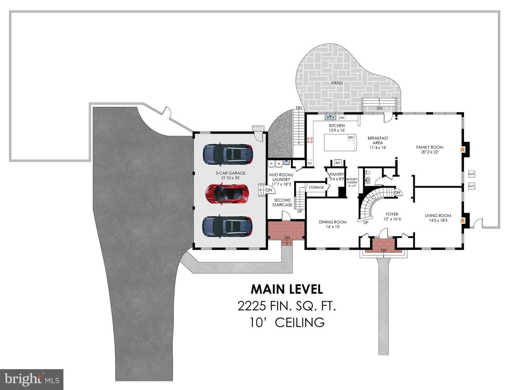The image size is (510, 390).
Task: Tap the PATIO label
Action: coord(337,83)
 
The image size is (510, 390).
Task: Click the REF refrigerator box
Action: coord(338,163)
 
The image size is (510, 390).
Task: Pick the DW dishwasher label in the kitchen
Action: coord(341,118)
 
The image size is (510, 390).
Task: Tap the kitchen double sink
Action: coord(330,117)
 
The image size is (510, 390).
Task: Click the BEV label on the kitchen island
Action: coord(351,138)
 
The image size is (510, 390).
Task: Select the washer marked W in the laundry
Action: coord(279,164)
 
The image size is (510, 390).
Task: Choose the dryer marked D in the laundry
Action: coord(271,164)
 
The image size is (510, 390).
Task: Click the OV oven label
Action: coord(310,163)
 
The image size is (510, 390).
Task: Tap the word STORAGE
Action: coord(316,187)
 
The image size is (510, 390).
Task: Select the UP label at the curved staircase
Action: coord(366,223)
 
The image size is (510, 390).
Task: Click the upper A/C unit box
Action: coord(471,174)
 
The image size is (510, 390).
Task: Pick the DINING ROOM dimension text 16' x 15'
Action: coord(333,227)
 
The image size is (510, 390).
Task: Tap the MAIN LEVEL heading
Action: coord(287,289)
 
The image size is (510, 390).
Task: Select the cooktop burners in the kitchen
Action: coord(310,140)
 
